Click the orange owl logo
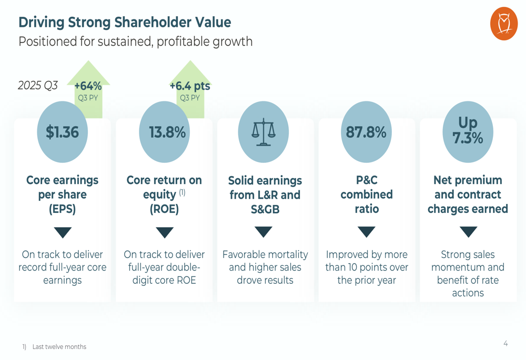pos(503,24)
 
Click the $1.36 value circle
pos(62,132)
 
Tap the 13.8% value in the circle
pos(167,132)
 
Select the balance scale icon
pos(264,132)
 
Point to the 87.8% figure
pos(366,132)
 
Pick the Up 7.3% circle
pos(468,131)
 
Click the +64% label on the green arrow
pos(88,86)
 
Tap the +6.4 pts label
pos(190,86)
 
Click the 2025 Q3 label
pos(38,85)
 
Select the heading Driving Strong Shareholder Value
pos(125,23)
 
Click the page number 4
pos(505,344)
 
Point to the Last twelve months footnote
pos(59,347)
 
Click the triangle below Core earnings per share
pos(63,232)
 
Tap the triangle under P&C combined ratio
pos(366,232)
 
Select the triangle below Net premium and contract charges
pos(468,232)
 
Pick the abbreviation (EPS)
pos(62,209)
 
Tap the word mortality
pos(289,254)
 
